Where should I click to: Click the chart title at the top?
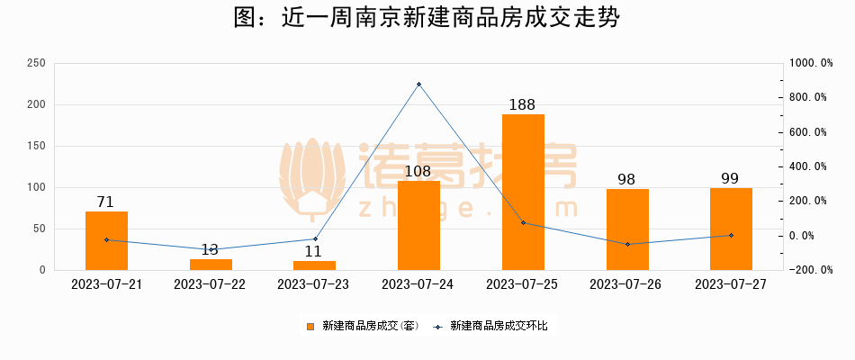427,19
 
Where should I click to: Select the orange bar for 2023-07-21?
106,240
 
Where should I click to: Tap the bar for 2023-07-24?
418,225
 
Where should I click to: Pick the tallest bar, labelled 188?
523,192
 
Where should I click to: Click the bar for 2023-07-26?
627,229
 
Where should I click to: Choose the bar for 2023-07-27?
731,229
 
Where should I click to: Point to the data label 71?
106,202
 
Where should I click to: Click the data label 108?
418,171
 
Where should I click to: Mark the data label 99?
731,178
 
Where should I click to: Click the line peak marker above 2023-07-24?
418,85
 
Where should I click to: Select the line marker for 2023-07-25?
523,222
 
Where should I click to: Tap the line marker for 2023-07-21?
106,239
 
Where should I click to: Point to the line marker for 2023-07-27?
731,236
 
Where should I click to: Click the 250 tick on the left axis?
37,63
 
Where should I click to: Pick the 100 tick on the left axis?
37,187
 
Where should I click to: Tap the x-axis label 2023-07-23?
314,283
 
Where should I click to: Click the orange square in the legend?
310,326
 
